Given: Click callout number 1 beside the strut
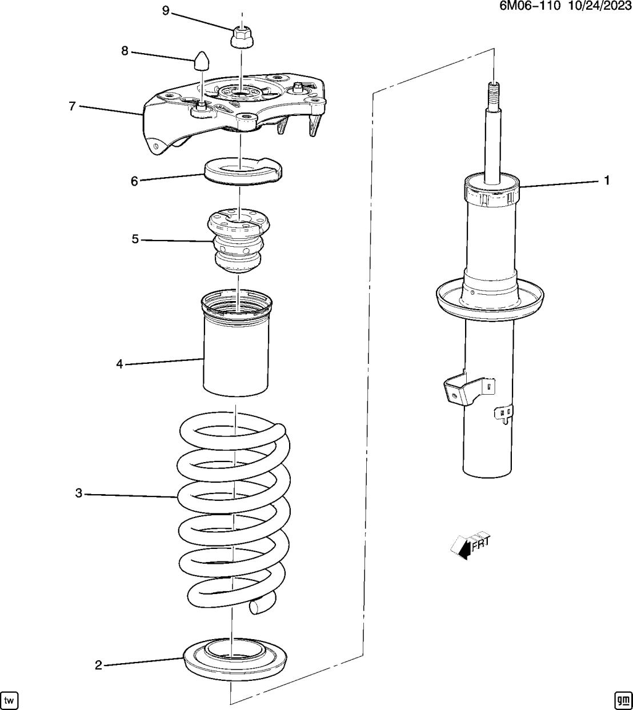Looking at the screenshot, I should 607,180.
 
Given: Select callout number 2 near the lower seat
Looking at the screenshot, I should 98,665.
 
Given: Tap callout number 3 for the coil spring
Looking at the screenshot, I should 79,493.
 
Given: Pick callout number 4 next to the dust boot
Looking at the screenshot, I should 119,364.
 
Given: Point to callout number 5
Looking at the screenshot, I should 135,239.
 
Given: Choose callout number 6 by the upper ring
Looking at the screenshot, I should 134,181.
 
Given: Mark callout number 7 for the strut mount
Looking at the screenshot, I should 72,106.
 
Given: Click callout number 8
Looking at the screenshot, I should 125,51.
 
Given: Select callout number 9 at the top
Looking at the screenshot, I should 165,11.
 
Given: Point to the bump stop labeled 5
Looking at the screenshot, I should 239,243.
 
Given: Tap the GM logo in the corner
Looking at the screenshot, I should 622,700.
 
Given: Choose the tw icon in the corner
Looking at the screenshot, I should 9,700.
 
